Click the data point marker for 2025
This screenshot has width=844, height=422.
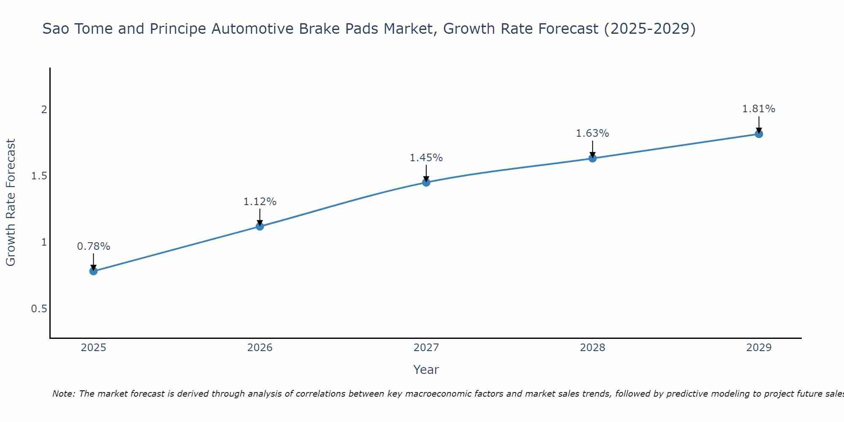pyautogui.click(x=94, y=271)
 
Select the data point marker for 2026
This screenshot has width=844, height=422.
pyautogui.click(x=260, y=226)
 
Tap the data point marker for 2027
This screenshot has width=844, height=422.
pyautogui.click(x=426, y=182)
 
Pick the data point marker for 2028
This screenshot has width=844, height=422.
pyautogui.click(x=592, y=158)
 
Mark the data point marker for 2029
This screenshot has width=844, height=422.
pyautogui.click(x=759, y=134)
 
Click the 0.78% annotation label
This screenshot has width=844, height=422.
pyautogui.click(x=94, y=246)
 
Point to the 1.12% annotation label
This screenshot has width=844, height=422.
pyautogui.click(x=260, y=202)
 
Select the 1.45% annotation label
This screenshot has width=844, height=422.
pyautogui.click(x=426, y=158)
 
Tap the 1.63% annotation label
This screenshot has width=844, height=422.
pyautogui.click(x=592, y=133)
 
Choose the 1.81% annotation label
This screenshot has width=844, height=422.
pyautogui.click(x=759, y=109)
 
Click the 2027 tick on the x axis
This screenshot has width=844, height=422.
pyautogui.click(x=426, y=348)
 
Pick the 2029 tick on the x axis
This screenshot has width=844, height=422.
pyautogui.click(x=759, y=348)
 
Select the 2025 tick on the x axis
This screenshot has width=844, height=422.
pyautogui.click(x=94, y=348)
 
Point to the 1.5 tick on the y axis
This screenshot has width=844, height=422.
pyautogui.click(x=39, y=176)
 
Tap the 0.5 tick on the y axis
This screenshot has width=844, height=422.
pyautogui.click(x=39, y=309)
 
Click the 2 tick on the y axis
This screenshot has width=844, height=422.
pyautogui.click(x=44, y=110)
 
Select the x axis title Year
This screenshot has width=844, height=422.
pyautogui.click(x=426, y=370)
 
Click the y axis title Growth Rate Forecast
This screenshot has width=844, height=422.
pyautogui.click(x=11, y=203)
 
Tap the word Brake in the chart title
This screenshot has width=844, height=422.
pyautogui.click(x=319, y=29)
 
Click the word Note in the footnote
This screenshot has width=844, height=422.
pyautogui.click(x=63, y=394)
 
